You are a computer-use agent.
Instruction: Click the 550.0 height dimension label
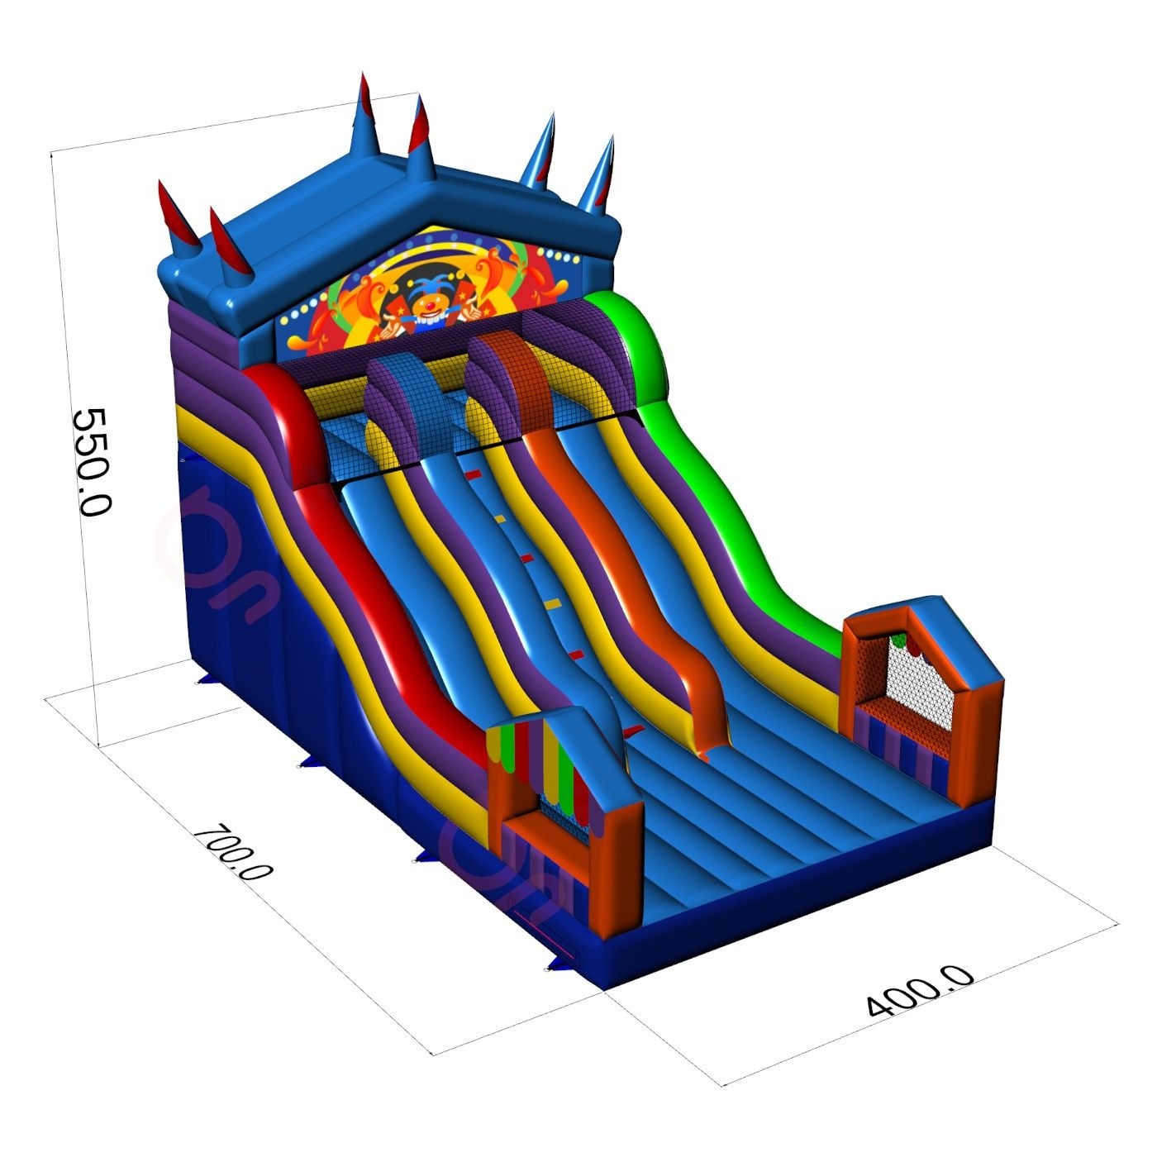(x=91, y=461)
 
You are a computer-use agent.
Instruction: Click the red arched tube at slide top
(x=282, y=421)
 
